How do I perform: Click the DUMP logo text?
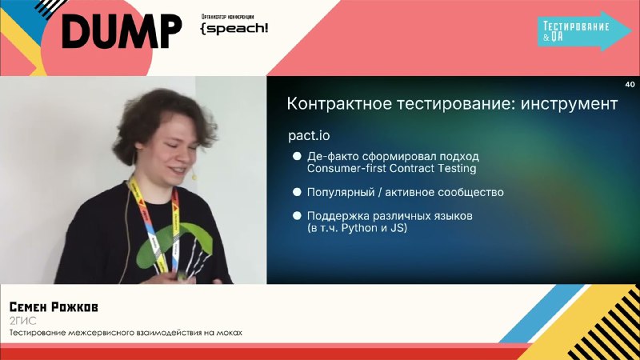[x=122, y=31]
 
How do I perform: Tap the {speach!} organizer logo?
[x=234, y=28]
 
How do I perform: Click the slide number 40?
[x=630, y=85]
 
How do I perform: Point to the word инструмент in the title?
[x=569, y=104]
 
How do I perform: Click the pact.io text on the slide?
[x=309, y=135]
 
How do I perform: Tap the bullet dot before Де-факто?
[x=297, y=156]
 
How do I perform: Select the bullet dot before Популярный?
[x=297, y=192]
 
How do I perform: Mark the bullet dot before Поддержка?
[x=297, y=215]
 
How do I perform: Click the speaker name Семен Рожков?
[x=54, y=307]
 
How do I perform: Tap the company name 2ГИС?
[x=23, y=321]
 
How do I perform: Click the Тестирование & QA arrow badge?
[x=584, y=31]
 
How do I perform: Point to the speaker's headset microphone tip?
[x=194, y=177]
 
